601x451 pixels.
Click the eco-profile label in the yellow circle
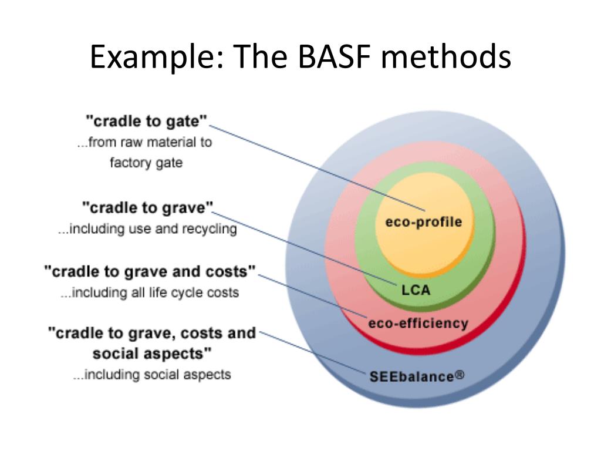pyautogui.click(x=424, y=221)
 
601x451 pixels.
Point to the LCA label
pyautogui.click(x=416, y=290)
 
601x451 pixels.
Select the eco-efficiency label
pyautogui.click(x=418, y=324)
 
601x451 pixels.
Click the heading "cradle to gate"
pyautogui.click(x=146, y=121)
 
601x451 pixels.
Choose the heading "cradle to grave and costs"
pyautogui.click(x=150, y=271)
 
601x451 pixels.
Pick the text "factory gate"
pyautogui.click(x=146, y=163)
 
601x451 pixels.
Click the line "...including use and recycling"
pyautogui.click(x=147, y=228)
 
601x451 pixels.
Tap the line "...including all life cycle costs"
pyautogui.click(x=150, y=292)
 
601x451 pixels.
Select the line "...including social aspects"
pyautogui.click(x=152, y=374)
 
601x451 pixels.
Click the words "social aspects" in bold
pyautogui.click(x=152, y=354)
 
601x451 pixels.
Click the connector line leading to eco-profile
pyautogui.click(x=317, y=168)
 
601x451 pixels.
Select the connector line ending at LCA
pyautogui.click(x=305, y=248)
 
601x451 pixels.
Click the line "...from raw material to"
pyautogui.click(x=144, y=142)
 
